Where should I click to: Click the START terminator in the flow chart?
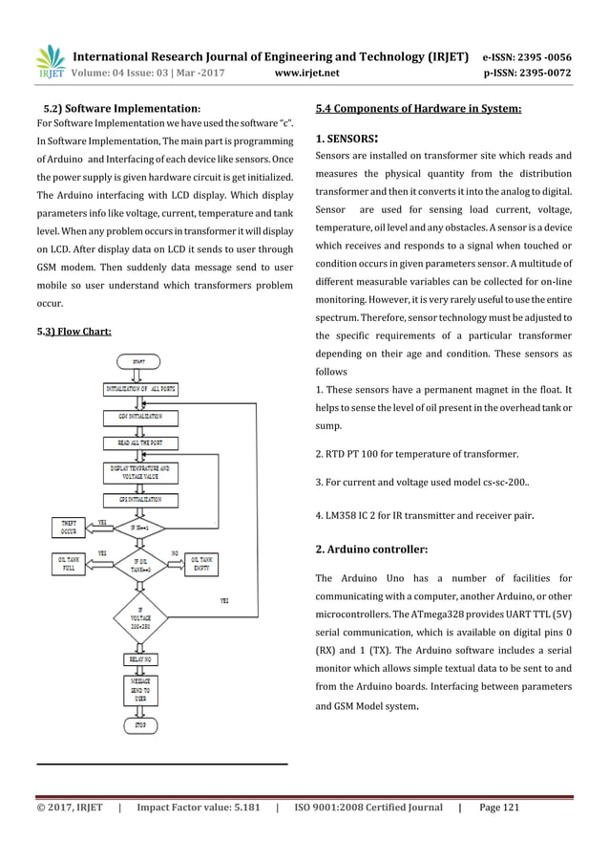pyautogui.click(x=140, y=361)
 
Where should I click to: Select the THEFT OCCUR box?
pyautogui.click(x=71, y=527)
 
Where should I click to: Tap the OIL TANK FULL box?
pyautogui.click(x=71, y=564)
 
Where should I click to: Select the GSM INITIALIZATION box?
pyautogui.click(x=140, y=418)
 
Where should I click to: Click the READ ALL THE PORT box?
pyautogui.click(x=140, y=444)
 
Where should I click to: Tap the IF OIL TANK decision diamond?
pyautogui.click(x=140, y=564)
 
